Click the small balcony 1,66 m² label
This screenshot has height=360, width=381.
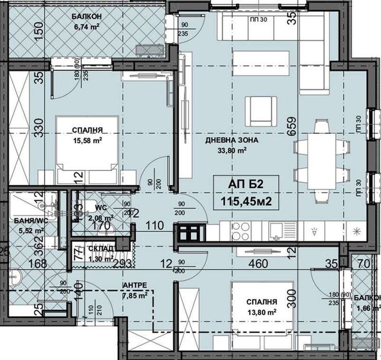368,303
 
